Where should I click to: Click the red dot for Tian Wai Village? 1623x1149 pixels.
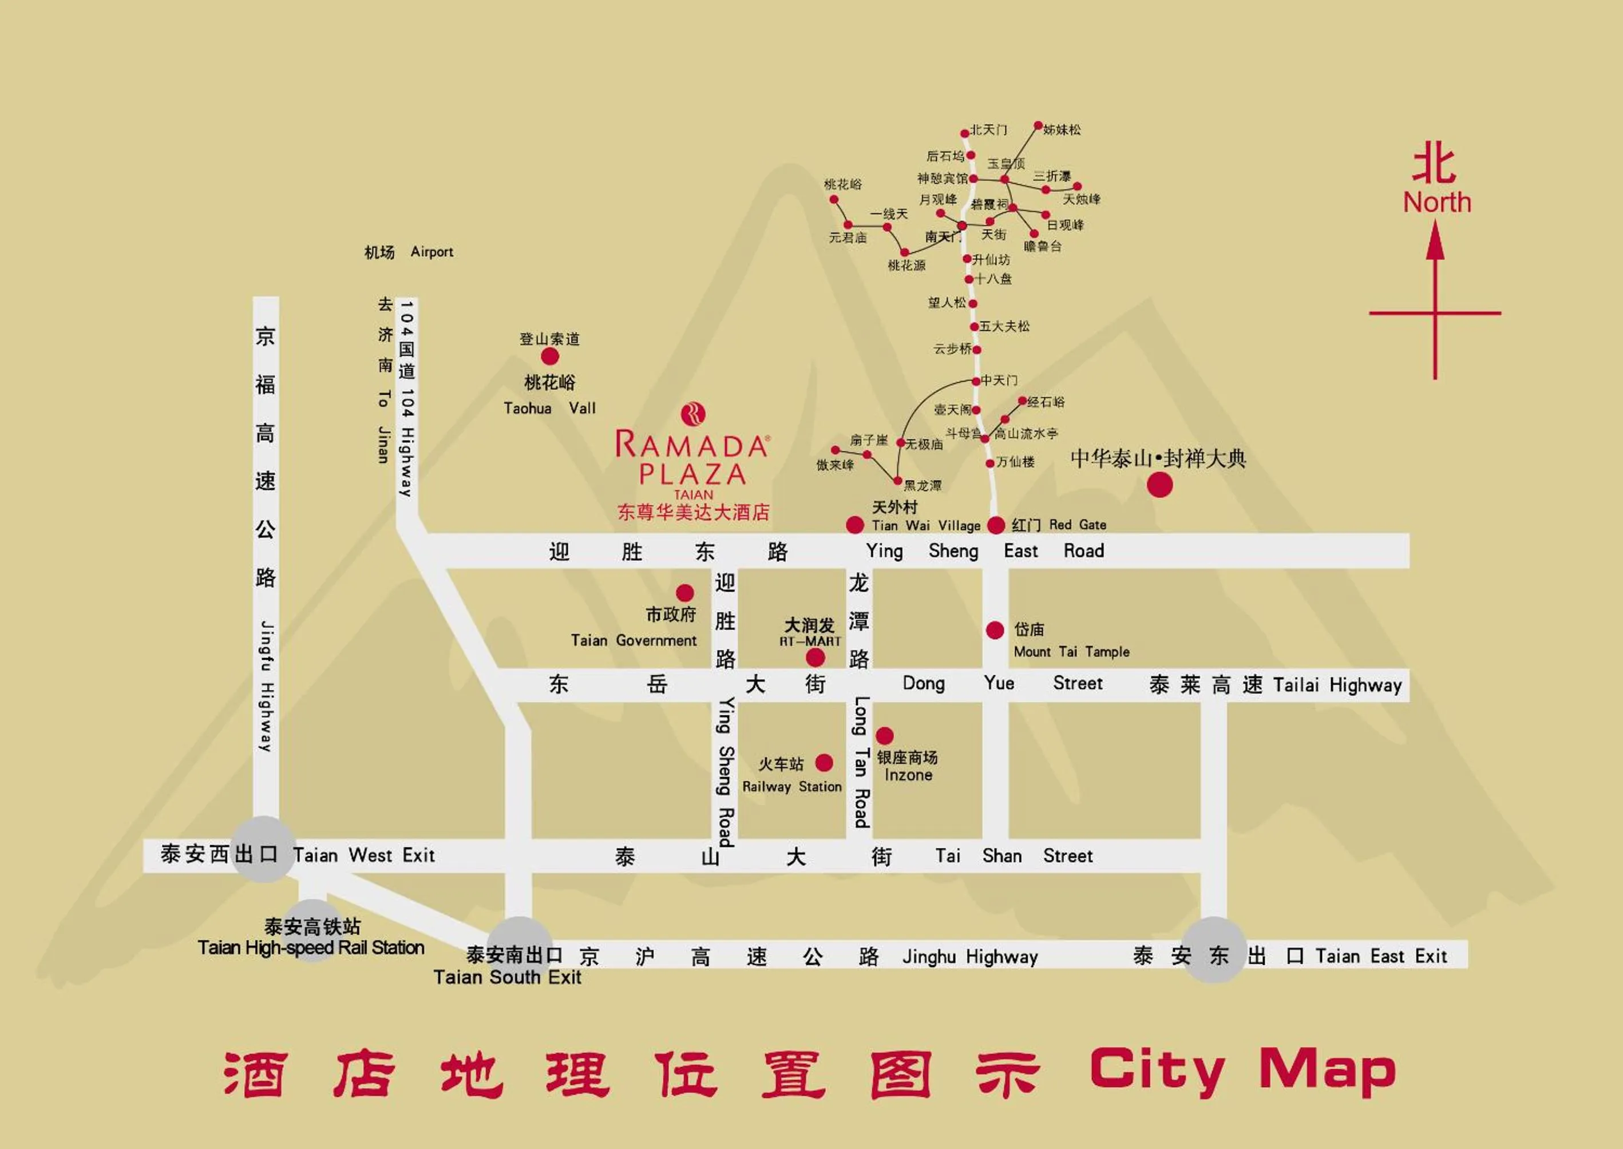coord(854,524)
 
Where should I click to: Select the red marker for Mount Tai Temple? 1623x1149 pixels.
coord(995,629)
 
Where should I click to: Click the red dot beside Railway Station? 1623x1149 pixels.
coord(824,763)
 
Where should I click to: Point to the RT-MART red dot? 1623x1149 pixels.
coord(815,658)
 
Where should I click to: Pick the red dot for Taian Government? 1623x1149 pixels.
coord(684,592)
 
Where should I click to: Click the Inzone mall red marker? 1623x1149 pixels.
coord(884,736)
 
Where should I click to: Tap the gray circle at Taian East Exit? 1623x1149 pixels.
coord(1214,949)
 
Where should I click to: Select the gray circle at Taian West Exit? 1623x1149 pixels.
coord(264,849)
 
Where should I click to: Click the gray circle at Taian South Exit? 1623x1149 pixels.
coord(519,948)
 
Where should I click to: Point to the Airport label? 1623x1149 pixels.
coord(432,252)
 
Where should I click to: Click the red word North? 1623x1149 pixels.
coord(1437,203)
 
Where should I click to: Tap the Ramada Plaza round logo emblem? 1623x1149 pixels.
coord(692,413)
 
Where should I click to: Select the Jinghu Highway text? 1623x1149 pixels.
coord(970,957)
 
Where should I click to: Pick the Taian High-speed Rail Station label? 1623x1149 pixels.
coord(311,948)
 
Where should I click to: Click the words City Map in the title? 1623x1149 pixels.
coord(1242,1071)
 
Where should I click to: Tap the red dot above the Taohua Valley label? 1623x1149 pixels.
coord(550,356)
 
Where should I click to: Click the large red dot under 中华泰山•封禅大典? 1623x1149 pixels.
coord(1159,485)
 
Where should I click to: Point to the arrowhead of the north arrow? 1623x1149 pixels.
coord(1435,240)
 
